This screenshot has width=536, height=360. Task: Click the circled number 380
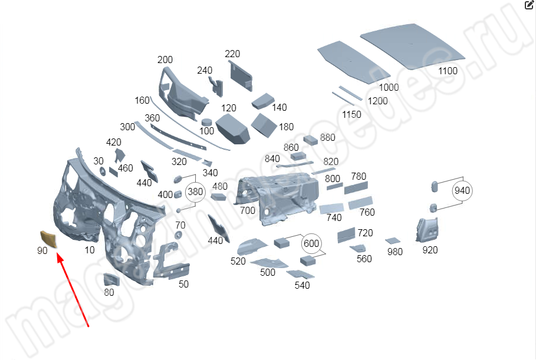tap(195, 192)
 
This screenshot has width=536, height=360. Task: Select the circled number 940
tap(462, 190)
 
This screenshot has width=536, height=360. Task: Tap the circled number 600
tap(311, 243)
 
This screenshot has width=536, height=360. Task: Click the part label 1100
tap(448, 71)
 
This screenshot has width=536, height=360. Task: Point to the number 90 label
tap(42, 250)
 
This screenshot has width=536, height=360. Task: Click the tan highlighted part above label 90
tap(48, 239)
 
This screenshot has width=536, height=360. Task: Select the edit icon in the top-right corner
tap(528, 5)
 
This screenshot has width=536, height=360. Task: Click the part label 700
tap(248, 210)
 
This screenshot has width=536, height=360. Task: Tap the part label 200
tap(165, 60)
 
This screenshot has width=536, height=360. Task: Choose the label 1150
tap(351, 114)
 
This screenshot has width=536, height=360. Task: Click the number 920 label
tap(430, 250)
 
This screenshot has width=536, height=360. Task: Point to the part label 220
tap(232, 54)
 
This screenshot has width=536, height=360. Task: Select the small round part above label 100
tap(206, 122)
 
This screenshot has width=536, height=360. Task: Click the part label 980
tap(394, 252)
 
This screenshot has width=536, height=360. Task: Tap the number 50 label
tap(183, 285)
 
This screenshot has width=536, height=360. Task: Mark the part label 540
tap(302, 286)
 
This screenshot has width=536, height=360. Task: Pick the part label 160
tap(142, 100)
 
